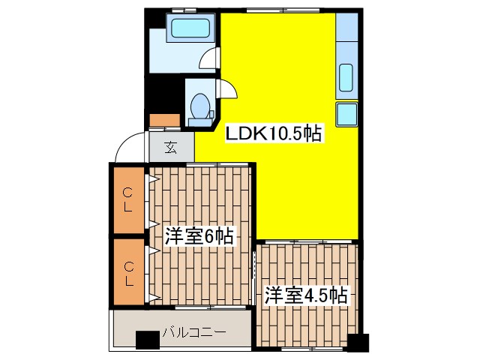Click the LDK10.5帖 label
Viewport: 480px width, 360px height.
pyautogui.click(x=274, y=133)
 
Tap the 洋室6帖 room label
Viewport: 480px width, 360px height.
pyautogui.click(x=199, y=235)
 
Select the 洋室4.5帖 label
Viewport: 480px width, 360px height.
pyautogui.click(x=306, y=295)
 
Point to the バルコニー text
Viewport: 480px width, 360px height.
pyautogui.click(x=194, y=331)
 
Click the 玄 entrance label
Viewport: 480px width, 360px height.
pyautogui.click(x=171, y=148)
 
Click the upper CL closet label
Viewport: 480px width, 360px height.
pyautogui.click(x=127, y=200)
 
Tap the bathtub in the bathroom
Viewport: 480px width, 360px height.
pyautogui.click(x=190, y=28)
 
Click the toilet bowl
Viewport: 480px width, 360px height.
pyautogui.click(x=199, y=106)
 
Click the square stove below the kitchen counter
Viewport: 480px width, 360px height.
pyautogui.click(x=346, y=115)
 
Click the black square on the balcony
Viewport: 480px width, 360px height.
pyautogui.click(x=148, y=340)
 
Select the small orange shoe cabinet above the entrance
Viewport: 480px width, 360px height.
pyautogui.click(x=165, y=120)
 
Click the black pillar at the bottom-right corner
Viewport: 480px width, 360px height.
pyautogui.click(x=358, y=343)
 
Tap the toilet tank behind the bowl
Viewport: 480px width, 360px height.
pyautogui.click(x=200, y=122)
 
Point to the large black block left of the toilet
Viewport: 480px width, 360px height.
pyautogui.click(x=165, y=95)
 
